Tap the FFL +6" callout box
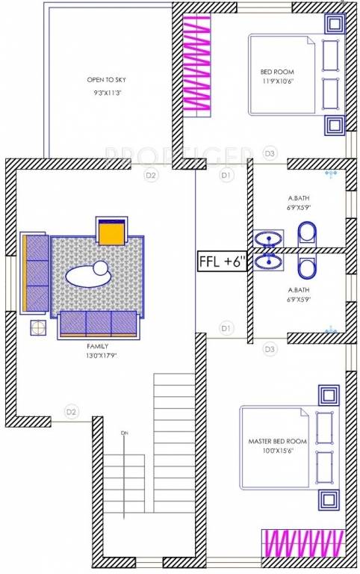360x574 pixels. [x=222, y=262]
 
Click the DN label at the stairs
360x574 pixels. [x=125, y=432]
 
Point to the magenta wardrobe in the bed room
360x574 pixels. [x=199, y=64]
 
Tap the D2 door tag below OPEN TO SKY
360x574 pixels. [x=151, y=175]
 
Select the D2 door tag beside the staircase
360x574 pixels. [x=71, y=410]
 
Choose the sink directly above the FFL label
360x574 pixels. [x=267, y=239]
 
